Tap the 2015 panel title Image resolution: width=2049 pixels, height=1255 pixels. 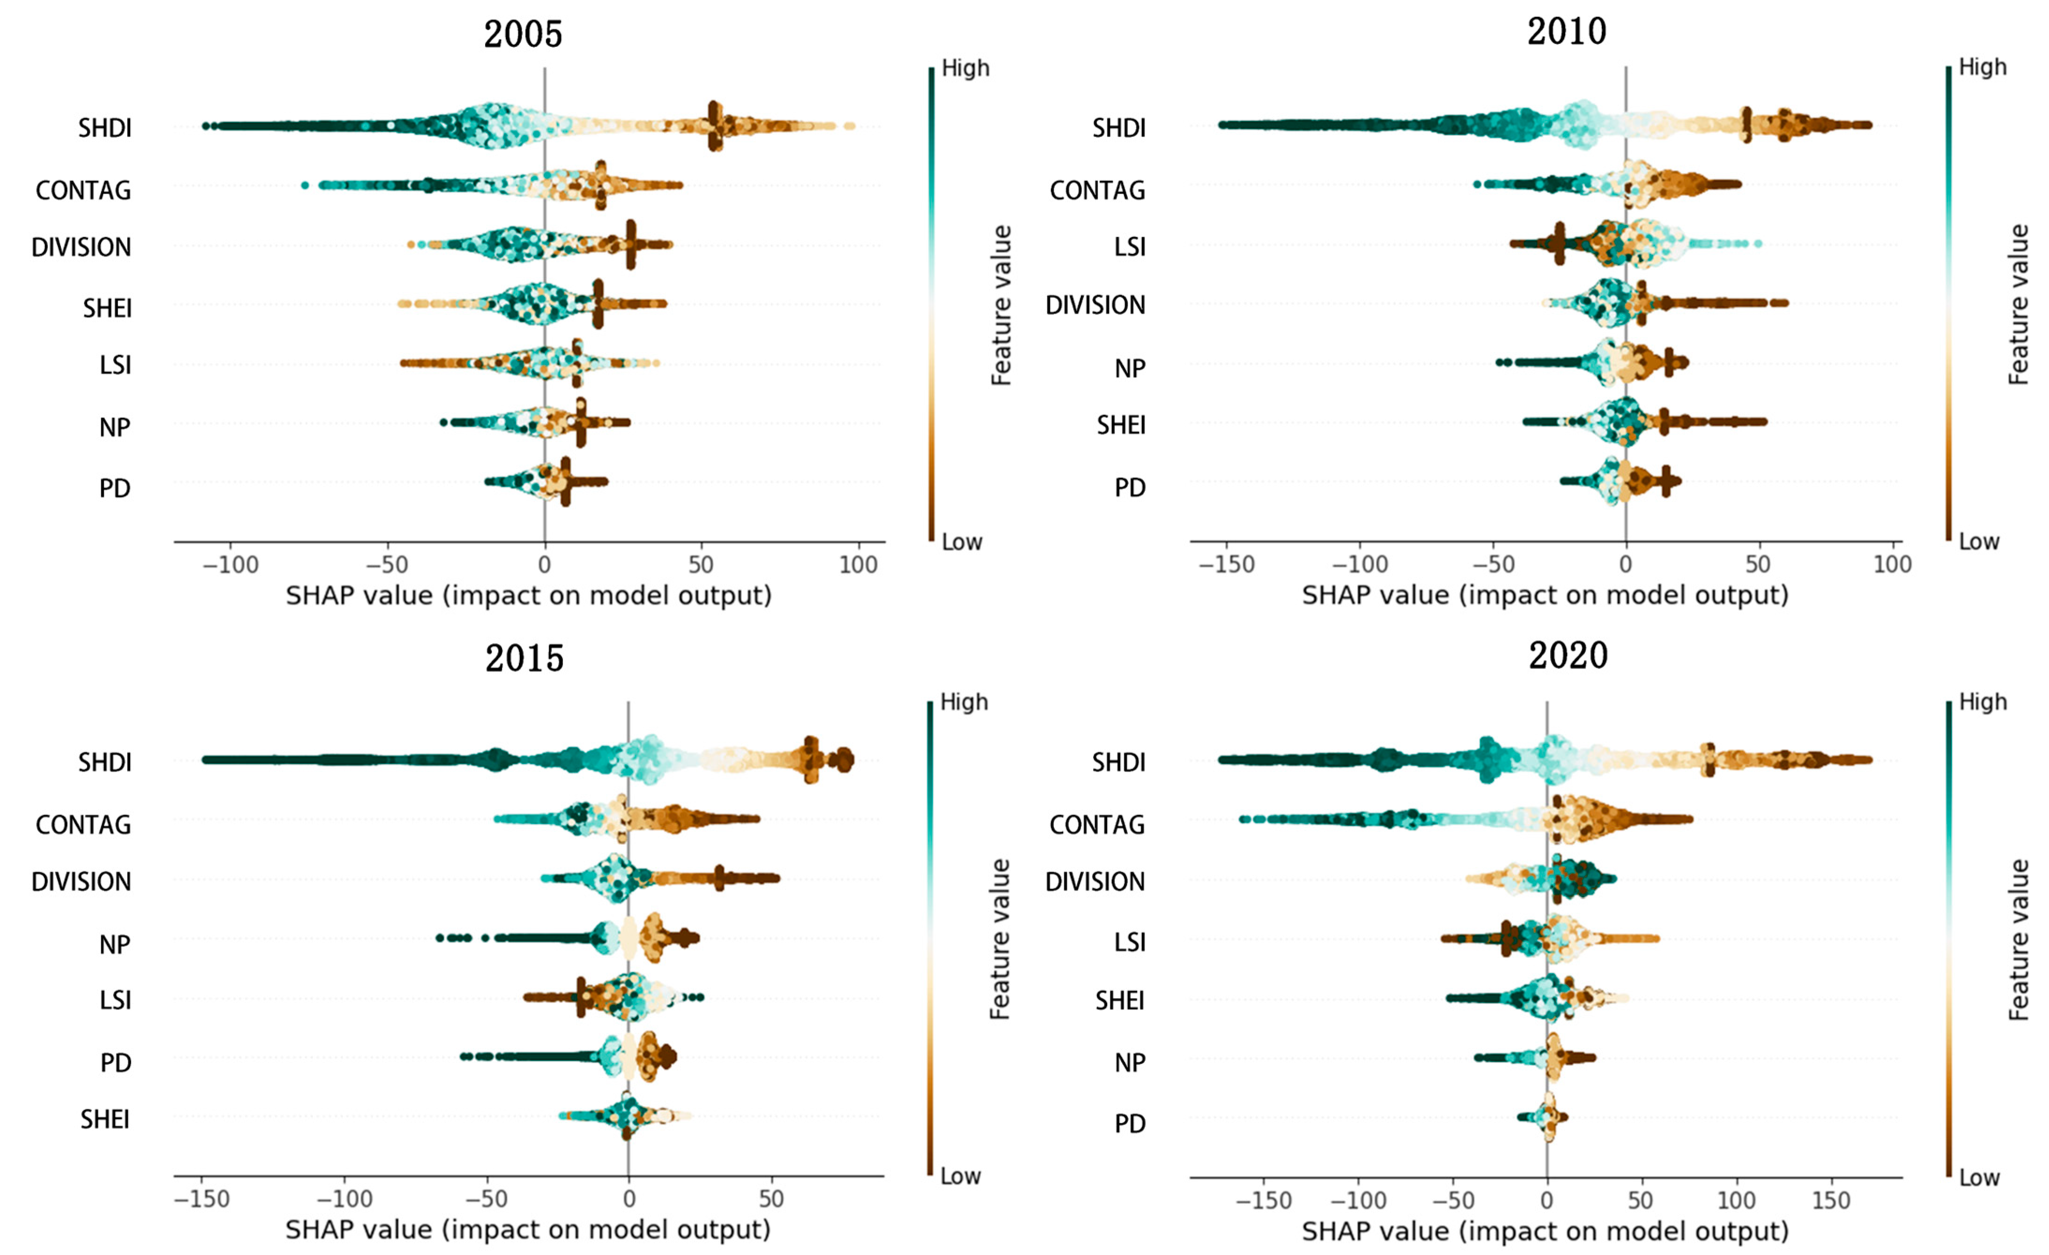(524, 659)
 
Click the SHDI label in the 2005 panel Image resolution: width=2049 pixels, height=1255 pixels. (105, 128)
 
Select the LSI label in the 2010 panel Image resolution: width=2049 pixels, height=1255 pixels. (1129, 247)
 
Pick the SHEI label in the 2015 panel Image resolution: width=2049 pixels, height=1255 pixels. (105, 1120)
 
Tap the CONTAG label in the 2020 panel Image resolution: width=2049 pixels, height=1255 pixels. (1097, 825)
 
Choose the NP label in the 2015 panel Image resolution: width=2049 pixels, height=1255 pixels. (115, 945)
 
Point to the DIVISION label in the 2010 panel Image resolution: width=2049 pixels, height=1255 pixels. (1095, 305)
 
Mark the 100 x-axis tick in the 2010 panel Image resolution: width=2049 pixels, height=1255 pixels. (1892, 564)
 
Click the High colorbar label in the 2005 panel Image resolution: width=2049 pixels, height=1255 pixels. (965, 68)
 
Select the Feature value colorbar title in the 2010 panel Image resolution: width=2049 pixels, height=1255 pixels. (2018, 304)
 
